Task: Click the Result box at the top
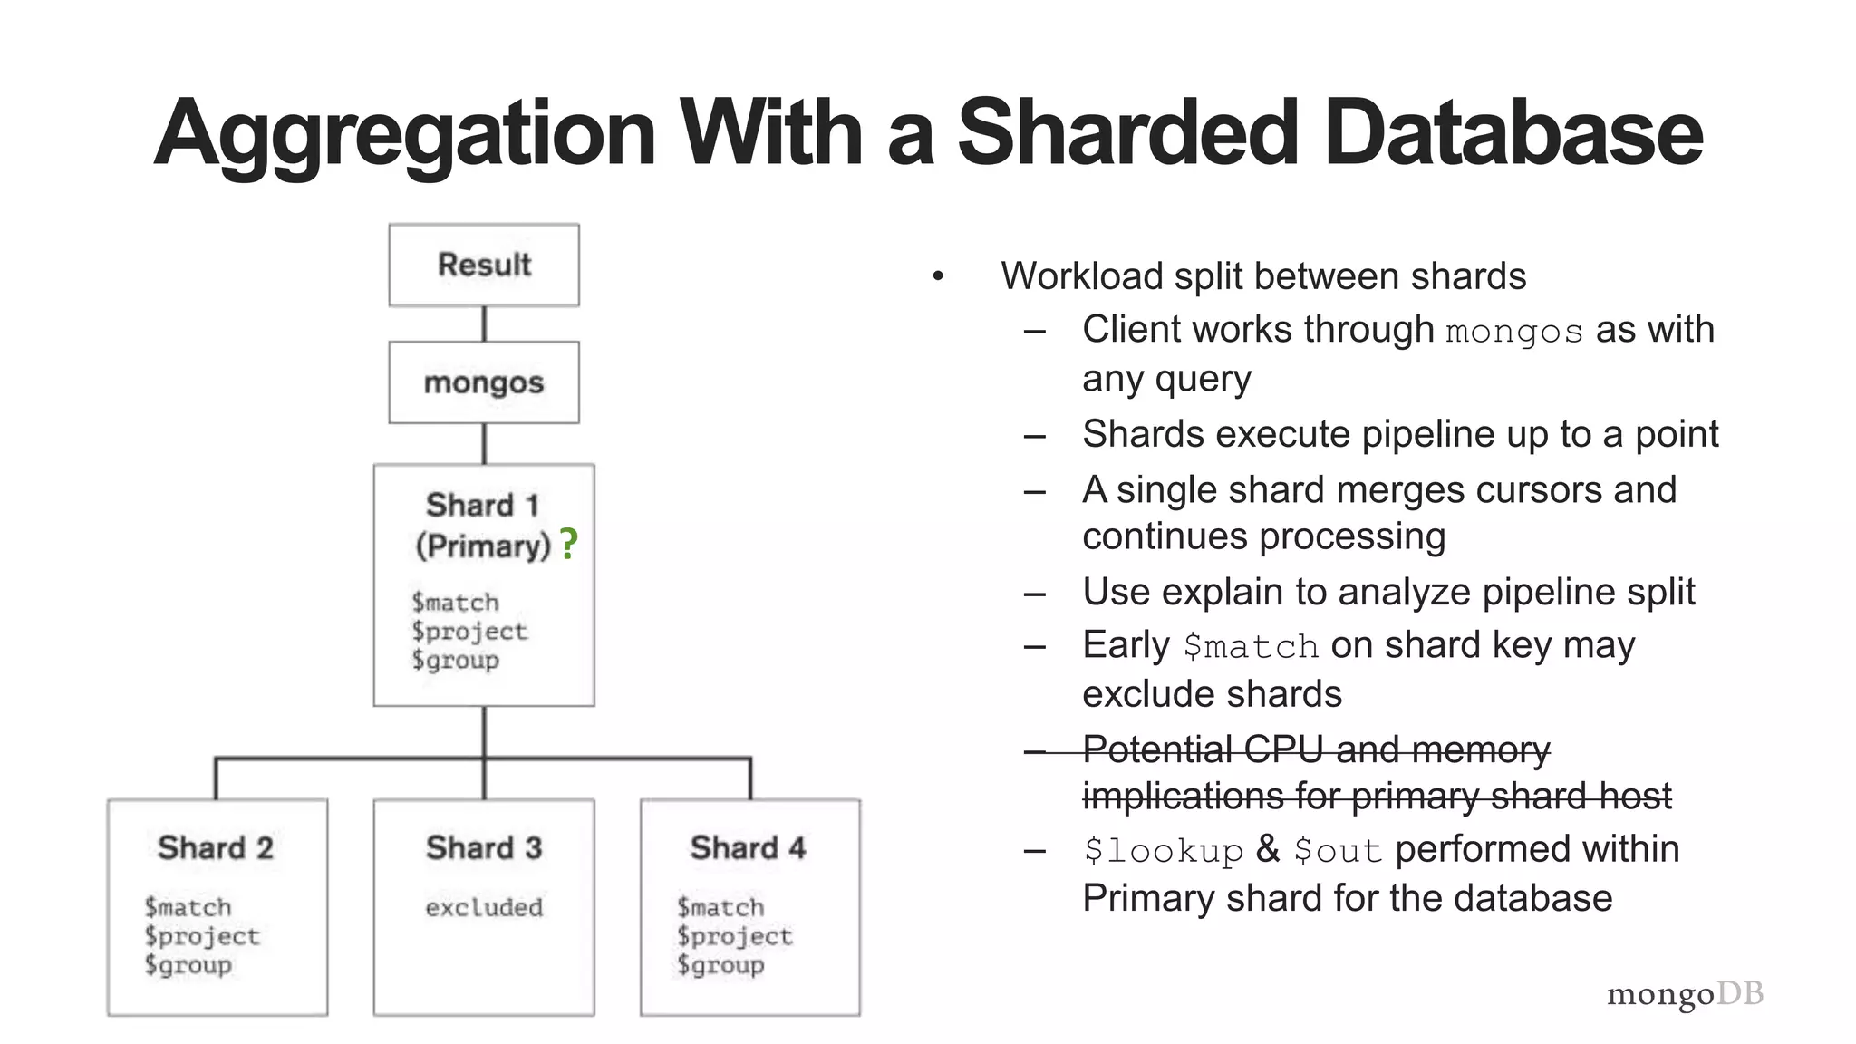coord(484,265)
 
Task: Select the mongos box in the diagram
coord(484,382)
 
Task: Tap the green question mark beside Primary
coord(568,544)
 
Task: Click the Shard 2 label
coord(216,848)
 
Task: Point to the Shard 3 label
coord(484,848)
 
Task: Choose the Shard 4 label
coord(748,848)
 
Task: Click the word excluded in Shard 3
coord(484,907)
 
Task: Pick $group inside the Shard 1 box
coord(455,660)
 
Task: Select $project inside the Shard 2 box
coord(202,936)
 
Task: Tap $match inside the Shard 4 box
coord(720,907)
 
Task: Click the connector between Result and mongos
coord(484,324)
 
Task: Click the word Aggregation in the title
coord(404,134)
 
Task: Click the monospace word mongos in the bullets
coord(1513,332)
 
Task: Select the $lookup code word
coord(1164,851)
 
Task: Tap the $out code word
coord(1337,851)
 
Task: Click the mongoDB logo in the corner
coord(1685,994)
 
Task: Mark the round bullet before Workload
coord(938,275)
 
